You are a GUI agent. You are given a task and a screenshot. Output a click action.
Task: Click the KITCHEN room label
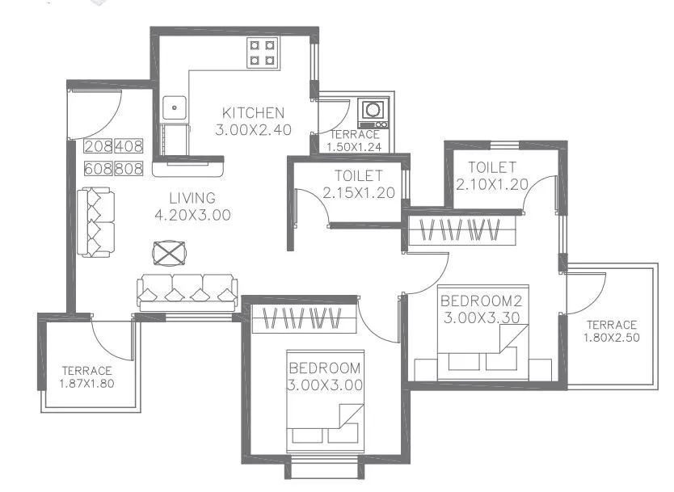(x=253, y=112)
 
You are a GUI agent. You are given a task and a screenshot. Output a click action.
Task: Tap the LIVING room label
(x=192, y=198)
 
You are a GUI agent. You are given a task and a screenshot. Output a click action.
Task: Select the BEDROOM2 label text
(x=482, y=301)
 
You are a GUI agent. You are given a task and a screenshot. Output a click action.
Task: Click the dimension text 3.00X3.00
(x=324, y=385)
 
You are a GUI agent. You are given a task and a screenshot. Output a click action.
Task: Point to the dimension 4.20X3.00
(x=192, y=215)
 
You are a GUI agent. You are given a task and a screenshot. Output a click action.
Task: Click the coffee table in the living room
(x=171, y=254)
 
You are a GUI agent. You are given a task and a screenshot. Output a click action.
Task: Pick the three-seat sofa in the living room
(x=187, y=292)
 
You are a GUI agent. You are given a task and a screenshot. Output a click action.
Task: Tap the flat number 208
(x=99, y=147)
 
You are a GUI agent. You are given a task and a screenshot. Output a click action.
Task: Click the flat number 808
(x=128, y=169)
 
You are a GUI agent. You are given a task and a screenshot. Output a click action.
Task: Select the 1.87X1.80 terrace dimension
(x=86, y=384)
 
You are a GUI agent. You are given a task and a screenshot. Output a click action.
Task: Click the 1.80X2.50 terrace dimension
(x=612, y=338)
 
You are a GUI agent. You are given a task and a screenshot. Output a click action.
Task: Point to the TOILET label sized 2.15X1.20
(x=358, y=176)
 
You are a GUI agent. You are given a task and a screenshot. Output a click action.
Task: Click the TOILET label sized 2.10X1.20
(x=492, y=167)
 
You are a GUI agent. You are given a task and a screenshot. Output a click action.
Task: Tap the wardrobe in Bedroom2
(x=462, y=229)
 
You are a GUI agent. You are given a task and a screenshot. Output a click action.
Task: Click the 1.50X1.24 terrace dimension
(x=354, y=147)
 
